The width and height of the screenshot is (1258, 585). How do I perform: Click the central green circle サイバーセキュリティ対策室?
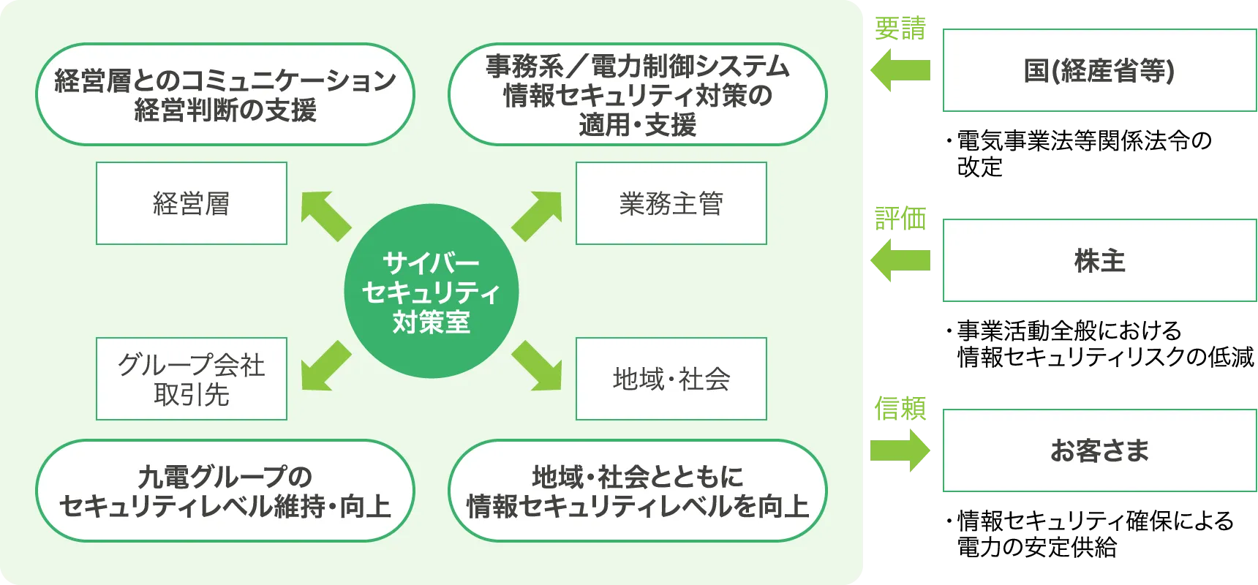(432, 291)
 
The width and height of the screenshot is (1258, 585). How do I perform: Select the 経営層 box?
(192, 203)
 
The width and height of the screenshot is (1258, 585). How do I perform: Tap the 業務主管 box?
(671, 203)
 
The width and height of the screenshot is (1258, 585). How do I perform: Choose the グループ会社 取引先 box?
(192, 379)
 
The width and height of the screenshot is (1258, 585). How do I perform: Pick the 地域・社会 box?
(671, 379)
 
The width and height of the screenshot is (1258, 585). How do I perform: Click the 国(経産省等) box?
(1099, 70)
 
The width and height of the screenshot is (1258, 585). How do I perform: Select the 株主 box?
(1099, 260)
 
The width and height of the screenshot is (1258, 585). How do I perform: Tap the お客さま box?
(1099, 450)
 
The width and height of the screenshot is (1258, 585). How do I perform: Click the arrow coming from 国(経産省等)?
(900, 70)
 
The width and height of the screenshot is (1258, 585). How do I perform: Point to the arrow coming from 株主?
(900, 260)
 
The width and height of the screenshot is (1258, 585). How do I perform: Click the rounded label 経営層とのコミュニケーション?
(225, 94)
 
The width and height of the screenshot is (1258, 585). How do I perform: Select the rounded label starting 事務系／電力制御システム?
(637, 94)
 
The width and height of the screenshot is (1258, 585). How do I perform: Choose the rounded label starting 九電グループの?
(225, 491)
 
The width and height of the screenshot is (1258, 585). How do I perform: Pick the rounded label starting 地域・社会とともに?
(637, 491)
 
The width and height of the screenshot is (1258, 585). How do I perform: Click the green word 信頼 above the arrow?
(900, 407)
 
